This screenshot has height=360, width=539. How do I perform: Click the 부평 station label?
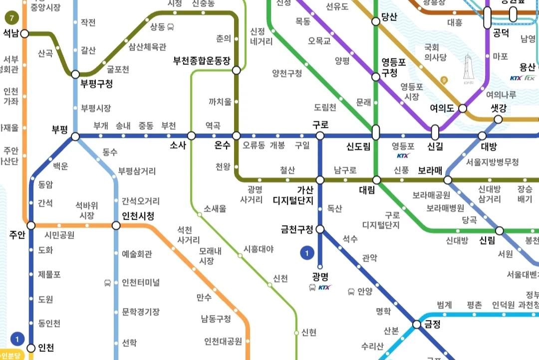(x=59, y=128)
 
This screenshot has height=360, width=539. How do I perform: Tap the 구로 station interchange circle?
(x=320, y=136)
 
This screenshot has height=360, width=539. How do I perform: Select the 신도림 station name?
(x=358, y=147)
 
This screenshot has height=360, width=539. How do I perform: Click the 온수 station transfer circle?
(x=237, y=136)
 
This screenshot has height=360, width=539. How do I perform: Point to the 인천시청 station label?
(x=138, y=216)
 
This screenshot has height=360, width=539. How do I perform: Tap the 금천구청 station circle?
(x=320, y=230)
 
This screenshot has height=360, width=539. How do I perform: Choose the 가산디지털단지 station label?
(x=293, y=195)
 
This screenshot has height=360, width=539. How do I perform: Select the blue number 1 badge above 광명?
(x=307, y=254)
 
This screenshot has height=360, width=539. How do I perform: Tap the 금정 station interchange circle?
(x=417, y=325)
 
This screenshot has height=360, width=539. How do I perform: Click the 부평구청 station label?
(x=96, y=83)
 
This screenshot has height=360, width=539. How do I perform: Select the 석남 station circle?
(x=24, y=34)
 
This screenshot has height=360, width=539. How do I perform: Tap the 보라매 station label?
(x=431, y=169)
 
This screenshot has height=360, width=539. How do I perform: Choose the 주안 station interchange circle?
(x=31, y=225)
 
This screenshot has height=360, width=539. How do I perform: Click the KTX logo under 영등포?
(x=403, y=156)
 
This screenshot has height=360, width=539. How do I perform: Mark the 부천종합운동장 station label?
(x=202, y=61)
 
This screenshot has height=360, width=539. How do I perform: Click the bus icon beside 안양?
(x=351, y=292)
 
